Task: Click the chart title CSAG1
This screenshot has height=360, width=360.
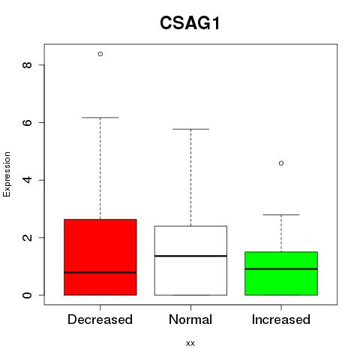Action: pyautogui.click(x=190, y=23)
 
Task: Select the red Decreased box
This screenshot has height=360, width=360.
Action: pyautogui.click(x=100, y=257)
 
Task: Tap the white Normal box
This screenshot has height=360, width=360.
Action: pyautogui.click(x=190, y=260)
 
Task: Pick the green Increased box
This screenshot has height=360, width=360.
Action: pyautogui.click(x=281, y=273)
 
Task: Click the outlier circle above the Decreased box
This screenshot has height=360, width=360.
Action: pyautogui.click(x=100, y=54)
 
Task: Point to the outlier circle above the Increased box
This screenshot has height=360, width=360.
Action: pyautogui.click(x=281, y=163)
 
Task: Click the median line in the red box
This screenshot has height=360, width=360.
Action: pyautogui.click(x=100, y=272)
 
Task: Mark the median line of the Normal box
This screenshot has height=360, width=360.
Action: pyautogui.click(x=190, y=256)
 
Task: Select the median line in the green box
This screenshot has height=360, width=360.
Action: pyautogui.click(x=281, y=269)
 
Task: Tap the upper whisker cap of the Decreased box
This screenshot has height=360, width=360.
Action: pyautogui.click(x=100, y=117)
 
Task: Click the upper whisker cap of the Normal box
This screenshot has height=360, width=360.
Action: pyautogui.click(x=190, y=129)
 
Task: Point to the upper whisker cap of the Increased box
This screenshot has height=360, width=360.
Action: pyautogui.click(x=281, y=214)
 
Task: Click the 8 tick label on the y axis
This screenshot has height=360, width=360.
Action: pyautogui.click(x=27, y=64)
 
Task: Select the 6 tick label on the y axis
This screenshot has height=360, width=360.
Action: pyautogui.click(x=27, y=122)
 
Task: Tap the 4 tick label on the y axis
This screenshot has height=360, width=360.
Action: pyautogui.click(x=27, y=180)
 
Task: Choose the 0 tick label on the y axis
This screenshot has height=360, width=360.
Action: pyautogui.click(x=27, y=295)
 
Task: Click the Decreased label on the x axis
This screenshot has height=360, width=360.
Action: pyautogui.click(x=100, y=319)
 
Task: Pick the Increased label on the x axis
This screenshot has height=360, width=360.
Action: pyautogui.click(x=281, y=319)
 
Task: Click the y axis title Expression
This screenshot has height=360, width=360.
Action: pyautogui.click(x=7, y=174)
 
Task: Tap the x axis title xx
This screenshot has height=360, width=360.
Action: pyautogui.click(x=190, y=343)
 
